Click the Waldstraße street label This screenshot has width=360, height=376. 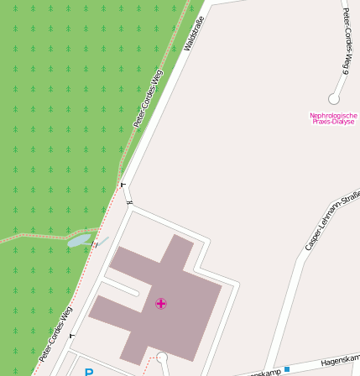pos(194,33)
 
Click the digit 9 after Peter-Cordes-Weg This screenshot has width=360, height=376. pos(344,67)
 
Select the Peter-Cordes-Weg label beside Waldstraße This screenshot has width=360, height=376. pos(148,98)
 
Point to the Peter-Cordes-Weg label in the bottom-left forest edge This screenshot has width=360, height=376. pos(55,333)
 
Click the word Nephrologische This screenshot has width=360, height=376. pos(333,116)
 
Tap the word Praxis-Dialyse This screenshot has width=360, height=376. pos(333,122)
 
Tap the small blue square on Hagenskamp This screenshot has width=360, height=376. pos(286,368)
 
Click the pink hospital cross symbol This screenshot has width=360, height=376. pos(161,304)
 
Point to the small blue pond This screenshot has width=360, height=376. pos(80,241)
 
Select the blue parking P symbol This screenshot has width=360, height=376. pos(88,372)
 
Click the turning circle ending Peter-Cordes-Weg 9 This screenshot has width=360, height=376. pos(334,99)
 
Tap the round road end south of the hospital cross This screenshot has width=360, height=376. pos(162,358)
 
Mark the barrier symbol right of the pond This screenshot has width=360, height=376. pos(96,245)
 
